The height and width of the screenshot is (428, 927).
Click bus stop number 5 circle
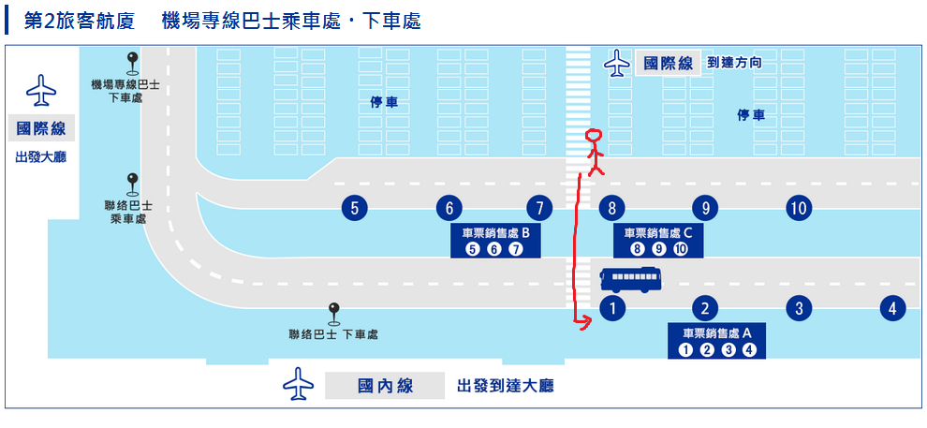(354, 208)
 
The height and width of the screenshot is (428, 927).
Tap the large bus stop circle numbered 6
(449, 208)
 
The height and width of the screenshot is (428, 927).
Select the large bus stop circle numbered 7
(539, 208)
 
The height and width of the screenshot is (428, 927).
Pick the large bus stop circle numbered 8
(611, 208)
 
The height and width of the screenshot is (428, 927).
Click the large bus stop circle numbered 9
(704, 208)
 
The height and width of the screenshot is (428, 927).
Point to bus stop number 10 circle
(798, 208)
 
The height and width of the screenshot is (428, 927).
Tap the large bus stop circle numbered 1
(611, 307)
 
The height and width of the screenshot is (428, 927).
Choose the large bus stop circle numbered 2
(704, 307)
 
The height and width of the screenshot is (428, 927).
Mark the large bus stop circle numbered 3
(798, 307)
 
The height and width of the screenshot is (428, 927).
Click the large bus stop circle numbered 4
(893, 307)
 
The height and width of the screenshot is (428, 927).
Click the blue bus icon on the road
(630, 279)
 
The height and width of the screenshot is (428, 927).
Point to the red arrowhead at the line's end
(585, 324)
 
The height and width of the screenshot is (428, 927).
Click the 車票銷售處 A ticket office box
(716, 342)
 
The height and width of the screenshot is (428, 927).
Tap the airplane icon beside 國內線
(298, 384)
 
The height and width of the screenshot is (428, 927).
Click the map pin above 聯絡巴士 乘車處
(133, 182)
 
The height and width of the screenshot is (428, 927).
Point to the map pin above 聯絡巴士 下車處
(332, 311)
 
